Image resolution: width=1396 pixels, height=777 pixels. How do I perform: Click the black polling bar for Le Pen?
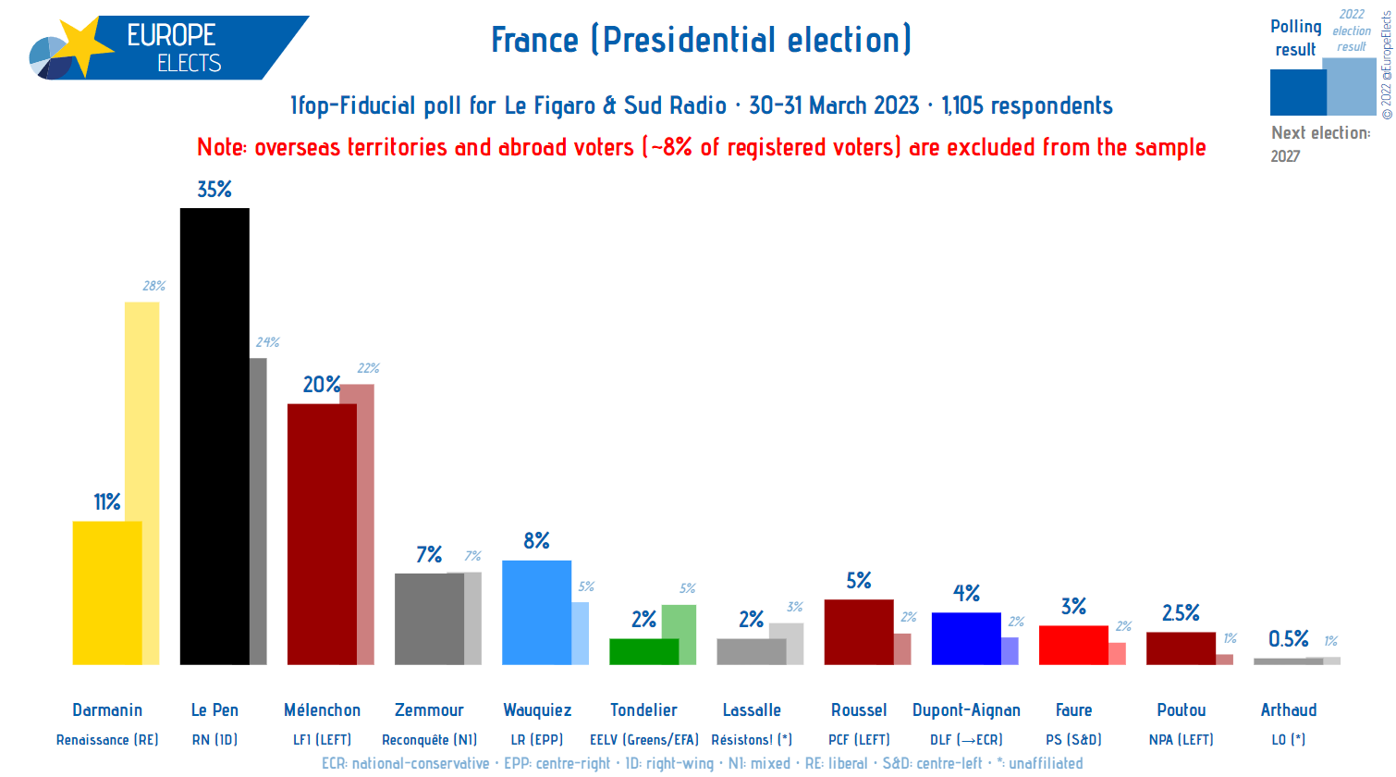click(x=214, y=435)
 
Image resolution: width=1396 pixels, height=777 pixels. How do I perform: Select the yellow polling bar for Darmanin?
click(x=107, y=592)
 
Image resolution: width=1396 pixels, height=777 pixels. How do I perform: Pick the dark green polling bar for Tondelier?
click(x=643, y=651)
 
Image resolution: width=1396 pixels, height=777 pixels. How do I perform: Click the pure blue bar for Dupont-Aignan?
click(x=966, y=638)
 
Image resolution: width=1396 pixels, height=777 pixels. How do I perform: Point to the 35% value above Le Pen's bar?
click(x=214, y=190)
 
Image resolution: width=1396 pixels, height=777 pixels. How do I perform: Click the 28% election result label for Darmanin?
click(x=154, y=286)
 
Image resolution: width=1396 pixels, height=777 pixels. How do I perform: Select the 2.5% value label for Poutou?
click(x=1181, y=613)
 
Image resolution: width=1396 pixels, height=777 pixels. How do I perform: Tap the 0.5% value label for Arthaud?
click(x=1288, y=639)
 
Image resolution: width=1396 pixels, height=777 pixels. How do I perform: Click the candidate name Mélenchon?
click(x=322, y=710)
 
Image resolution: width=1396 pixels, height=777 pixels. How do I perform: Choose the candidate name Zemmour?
click(x=429, y=710)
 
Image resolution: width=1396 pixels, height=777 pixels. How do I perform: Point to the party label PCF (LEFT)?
click(x=859, y=740)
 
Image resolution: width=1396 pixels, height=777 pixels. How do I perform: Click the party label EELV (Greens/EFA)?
click(x=644, y=740)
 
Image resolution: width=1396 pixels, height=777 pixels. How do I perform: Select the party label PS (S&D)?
click(x=1073, y=740)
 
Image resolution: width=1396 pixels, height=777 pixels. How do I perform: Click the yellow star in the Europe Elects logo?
click(x=80, y=46)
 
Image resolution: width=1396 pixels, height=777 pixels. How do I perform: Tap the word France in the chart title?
click(x=534, y=41)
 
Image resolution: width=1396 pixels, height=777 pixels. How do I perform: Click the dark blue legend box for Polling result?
click(x=1297, y=92)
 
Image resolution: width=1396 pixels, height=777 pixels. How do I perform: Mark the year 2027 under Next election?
click(x=1285, y=156)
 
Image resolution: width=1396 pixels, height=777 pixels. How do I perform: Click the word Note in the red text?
click(x=221, y=148)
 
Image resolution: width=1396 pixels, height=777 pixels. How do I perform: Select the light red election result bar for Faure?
click(x=1118, y=654)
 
